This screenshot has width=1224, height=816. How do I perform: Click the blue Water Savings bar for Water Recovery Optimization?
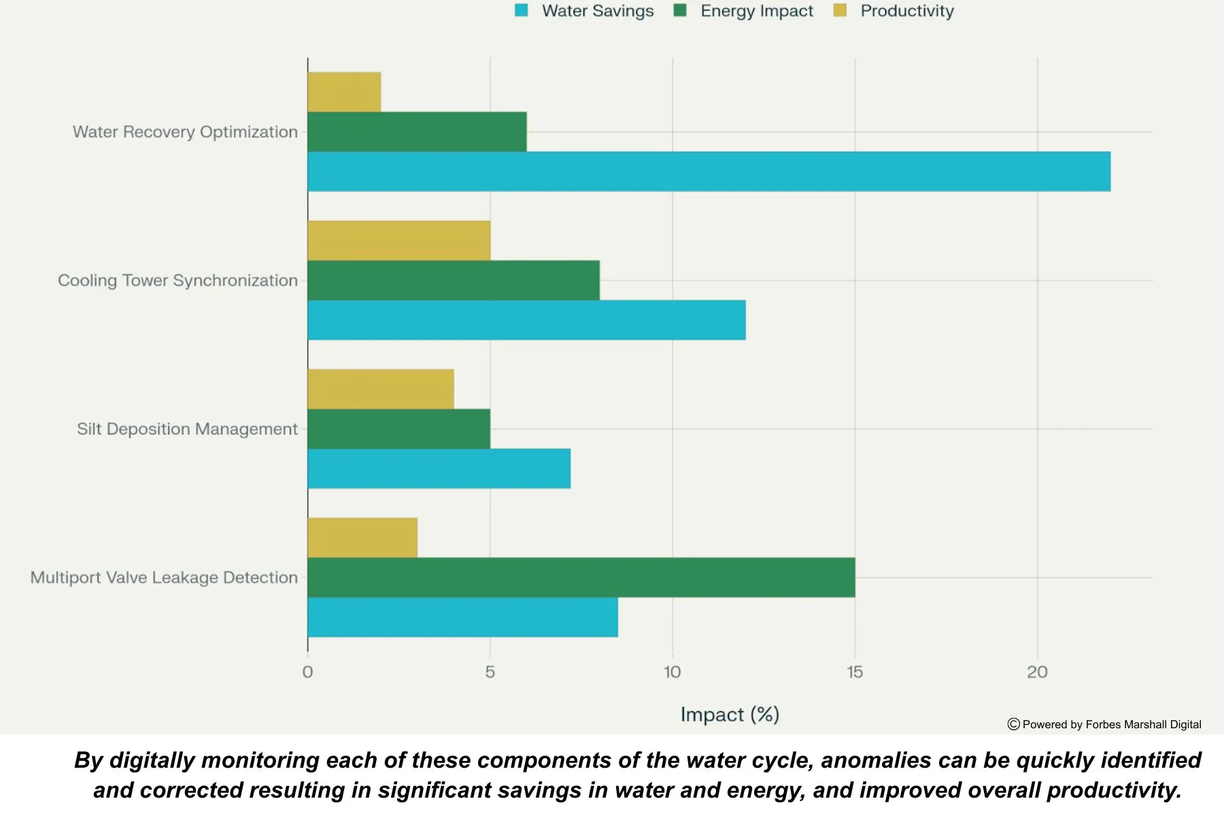click(709, 171)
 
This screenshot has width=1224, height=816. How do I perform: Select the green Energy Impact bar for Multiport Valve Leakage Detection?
click(581, 577)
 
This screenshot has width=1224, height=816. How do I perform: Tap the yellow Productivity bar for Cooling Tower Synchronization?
click(398, 240)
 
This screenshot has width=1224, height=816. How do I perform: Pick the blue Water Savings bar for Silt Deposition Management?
click(439, 469)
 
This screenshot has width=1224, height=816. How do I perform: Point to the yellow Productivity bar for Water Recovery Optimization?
click(344, 92)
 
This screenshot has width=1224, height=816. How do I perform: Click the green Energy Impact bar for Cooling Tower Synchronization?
click(454, 280)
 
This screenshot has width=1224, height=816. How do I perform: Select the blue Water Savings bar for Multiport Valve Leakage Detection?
click(462, 617)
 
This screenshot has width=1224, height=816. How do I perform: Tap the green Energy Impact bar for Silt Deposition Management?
click(398, 428)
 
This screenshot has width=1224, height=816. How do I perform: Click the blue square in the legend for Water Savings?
click(522, 10)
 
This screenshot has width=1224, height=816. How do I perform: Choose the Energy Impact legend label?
click(756, 11)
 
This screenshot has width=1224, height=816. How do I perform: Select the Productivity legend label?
click(907, 11)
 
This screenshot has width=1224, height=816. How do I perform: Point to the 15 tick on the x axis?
click(855, 672)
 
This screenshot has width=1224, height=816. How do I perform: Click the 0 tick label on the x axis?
click(307, 672)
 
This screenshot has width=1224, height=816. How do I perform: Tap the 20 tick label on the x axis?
click(1037, 672)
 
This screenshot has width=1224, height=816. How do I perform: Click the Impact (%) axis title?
click(730, 714)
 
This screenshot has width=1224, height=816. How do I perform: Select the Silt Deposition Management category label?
click(187, 429)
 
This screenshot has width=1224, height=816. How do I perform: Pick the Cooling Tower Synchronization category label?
click(177, 280)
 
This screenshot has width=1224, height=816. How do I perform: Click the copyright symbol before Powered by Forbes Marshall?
click(1013, 724)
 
